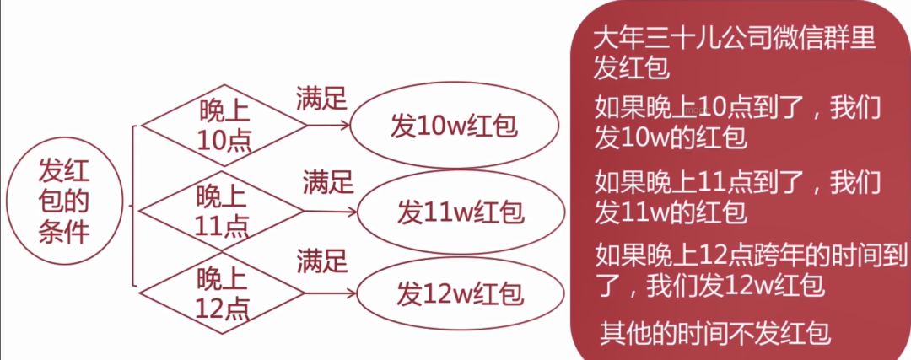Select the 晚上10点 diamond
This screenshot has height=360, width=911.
tap(224, 124)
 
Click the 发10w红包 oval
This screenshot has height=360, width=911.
tap(453, 127)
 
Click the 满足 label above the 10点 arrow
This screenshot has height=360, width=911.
tap(321, 98)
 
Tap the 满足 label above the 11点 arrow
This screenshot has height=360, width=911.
tap(328, 181)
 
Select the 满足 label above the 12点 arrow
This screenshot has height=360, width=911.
tap(321, 261)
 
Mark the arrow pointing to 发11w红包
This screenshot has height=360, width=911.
tap(332, 211)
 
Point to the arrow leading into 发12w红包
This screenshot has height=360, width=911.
tap(332, 293)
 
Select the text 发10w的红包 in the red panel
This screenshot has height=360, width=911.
tap(671, 137)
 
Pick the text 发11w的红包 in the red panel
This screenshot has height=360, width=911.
tap(671, 210)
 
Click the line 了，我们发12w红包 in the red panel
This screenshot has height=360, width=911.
tap(709, 285)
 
